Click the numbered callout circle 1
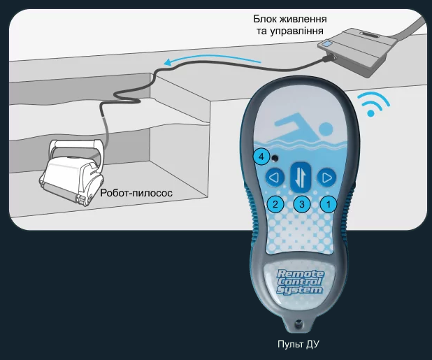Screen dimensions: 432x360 (329, 204)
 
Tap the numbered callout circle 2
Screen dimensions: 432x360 (275, 204)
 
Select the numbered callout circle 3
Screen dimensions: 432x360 (302, 204)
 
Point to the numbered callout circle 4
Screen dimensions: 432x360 (261, 157)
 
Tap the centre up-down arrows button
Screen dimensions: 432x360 (301, 178)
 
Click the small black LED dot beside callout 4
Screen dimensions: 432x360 (275, 159)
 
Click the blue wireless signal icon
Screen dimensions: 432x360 (373, 104)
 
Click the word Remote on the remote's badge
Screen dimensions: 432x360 (301, 274)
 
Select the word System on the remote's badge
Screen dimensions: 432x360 (299, 290)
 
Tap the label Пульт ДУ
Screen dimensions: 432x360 (298, 345)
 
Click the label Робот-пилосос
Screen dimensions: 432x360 (136, 193)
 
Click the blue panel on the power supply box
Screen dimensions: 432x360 (327, 44)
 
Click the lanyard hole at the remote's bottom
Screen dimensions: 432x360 (298, 323)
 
